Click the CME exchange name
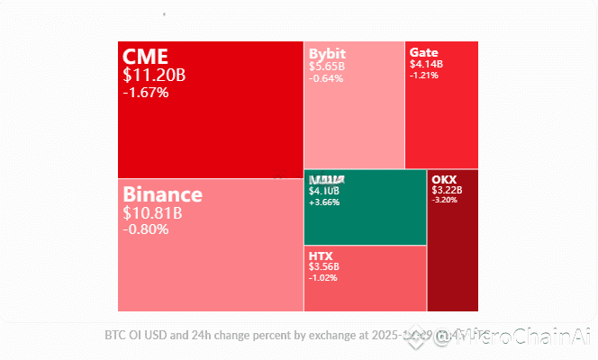145,58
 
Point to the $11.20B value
153,76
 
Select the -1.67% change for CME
145,92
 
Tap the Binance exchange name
162,194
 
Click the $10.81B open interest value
153,213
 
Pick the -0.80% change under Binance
145,229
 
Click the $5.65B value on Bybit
327,66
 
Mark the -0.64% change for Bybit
325,78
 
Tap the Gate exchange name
423,52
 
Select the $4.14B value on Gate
426,64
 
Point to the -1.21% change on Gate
424,75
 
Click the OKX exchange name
445,178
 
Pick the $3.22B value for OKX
448,190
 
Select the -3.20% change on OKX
445,200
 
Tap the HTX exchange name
321,256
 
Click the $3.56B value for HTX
324,267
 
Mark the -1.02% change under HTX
322,278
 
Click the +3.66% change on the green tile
323,202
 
